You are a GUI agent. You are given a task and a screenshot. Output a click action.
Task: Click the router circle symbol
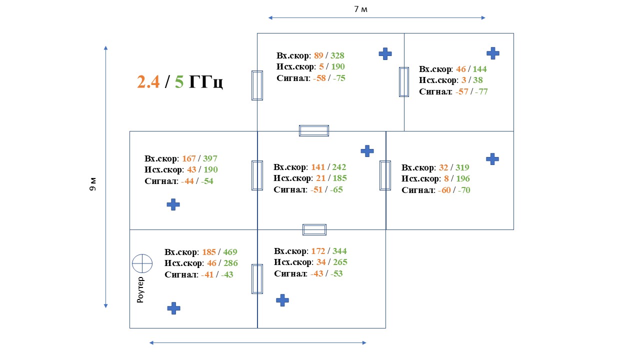click(x=142, y=263)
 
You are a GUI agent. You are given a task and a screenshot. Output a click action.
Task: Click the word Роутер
click(x=140, y=290)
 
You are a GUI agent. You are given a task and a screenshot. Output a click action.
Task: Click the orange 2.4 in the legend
click(x=148, y=82)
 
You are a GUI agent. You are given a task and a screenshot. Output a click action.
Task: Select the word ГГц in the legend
click(x=205, y=82)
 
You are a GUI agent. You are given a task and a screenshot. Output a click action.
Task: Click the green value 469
click(x=230, y=252)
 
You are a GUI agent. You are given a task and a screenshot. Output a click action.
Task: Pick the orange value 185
click(x=209, y=252)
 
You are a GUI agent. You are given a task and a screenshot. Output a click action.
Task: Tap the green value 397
click(x=210, y=158)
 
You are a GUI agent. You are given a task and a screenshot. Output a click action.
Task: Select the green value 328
click(x=337, y=55)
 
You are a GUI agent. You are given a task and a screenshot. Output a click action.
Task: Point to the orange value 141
click(x=318, y=167)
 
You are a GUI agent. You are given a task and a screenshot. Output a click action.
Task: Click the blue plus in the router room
click(x=173, y=308)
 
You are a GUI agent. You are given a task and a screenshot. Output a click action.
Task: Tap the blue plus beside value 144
click(x=493, y=53)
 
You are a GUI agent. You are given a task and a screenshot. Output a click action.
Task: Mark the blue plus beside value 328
click(x=385, y=54)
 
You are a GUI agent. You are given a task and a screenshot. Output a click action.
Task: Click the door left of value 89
click(x=257, y=85)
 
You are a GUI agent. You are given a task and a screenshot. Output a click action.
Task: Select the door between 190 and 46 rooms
click(x=404, y=81)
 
